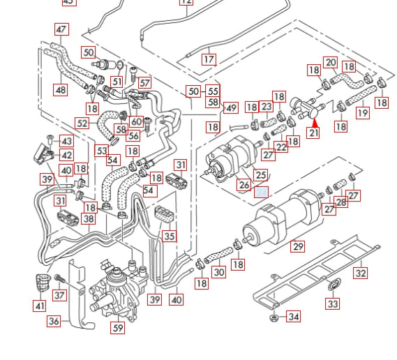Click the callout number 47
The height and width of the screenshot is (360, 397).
coord(62,29)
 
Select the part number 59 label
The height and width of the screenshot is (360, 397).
coord(118,327)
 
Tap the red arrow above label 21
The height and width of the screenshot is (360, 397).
coord(314,123)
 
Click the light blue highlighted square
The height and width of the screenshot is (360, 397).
coord(262,192)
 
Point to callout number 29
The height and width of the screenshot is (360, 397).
coord(298,246)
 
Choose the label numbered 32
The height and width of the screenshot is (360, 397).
coord(360,273)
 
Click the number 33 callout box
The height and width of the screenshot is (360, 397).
coord(333,303)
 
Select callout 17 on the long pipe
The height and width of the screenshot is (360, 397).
coord(209,60)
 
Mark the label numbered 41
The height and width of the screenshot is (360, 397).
coord(39,306)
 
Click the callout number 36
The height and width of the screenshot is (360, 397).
coord(54,321)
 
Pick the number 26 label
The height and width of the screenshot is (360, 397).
coord(244,185)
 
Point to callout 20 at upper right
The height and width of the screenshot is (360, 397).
coord(331,63)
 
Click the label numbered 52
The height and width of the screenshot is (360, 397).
coord(82,123)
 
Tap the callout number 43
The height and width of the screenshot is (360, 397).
coord(66,142)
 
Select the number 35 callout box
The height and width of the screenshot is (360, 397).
coord(170,236)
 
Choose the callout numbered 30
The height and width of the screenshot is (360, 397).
coord(219,272)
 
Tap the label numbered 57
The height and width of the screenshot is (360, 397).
coord(144,82)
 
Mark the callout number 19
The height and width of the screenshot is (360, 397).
coord(362,112)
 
